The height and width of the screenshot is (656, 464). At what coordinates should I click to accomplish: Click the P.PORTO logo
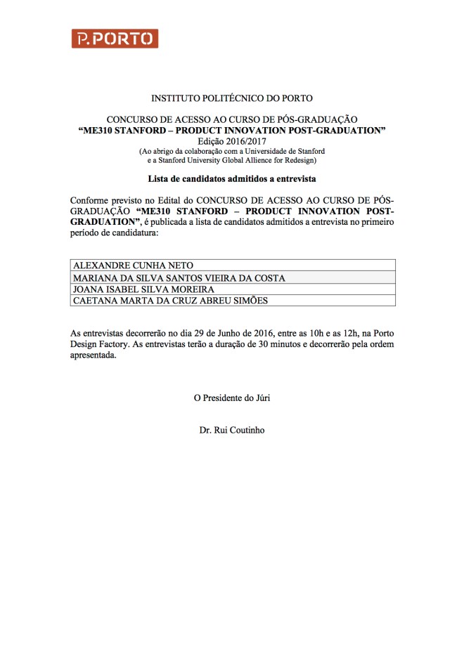(x=115, y=39)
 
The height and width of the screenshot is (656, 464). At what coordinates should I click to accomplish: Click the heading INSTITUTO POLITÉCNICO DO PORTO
(x=232, y=98)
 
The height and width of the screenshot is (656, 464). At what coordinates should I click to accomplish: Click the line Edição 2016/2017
(x=232, y=140)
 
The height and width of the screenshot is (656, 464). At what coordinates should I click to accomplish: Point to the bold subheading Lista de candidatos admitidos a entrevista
(x=232, y=179)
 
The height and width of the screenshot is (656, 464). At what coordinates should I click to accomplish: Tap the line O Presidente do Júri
(x=232, y=398)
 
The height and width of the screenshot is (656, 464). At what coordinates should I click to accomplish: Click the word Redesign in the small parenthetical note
(x=308, y=160)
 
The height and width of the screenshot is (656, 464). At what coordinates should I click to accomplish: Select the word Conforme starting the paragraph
(x=90, y=200)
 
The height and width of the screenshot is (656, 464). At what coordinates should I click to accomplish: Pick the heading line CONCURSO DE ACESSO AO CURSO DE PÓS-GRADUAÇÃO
(x=232, y=119)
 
